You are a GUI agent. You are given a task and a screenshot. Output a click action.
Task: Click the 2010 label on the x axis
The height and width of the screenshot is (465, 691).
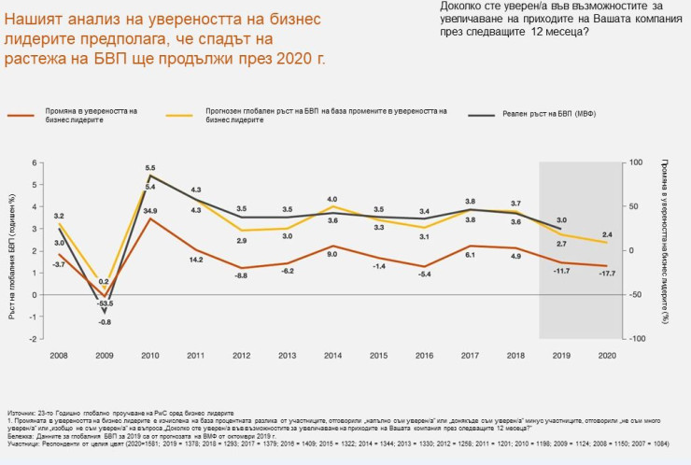click(x=149, y=357)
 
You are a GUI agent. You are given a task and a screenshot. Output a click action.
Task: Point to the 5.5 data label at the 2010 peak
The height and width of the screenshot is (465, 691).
click(x=150, y=168)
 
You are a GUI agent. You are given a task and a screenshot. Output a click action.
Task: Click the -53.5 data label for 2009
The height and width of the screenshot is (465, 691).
click(x=105, y=303)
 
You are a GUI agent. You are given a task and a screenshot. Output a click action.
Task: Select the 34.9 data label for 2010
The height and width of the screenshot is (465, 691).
click(x=150, y=211)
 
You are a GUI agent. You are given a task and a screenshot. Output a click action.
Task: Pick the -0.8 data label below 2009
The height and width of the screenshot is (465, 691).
click(x=105, y=322)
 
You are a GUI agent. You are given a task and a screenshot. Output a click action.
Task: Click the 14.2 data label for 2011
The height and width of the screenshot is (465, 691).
click(x=196, y=259)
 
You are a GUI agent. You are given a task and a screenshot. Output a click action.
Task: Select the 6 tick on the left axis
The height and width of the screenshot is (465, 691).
click(x=34, y=162)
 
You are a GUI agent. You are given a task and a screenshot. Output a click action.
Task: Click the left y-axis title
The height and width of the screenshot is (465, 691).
click(x=12, y=250)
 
